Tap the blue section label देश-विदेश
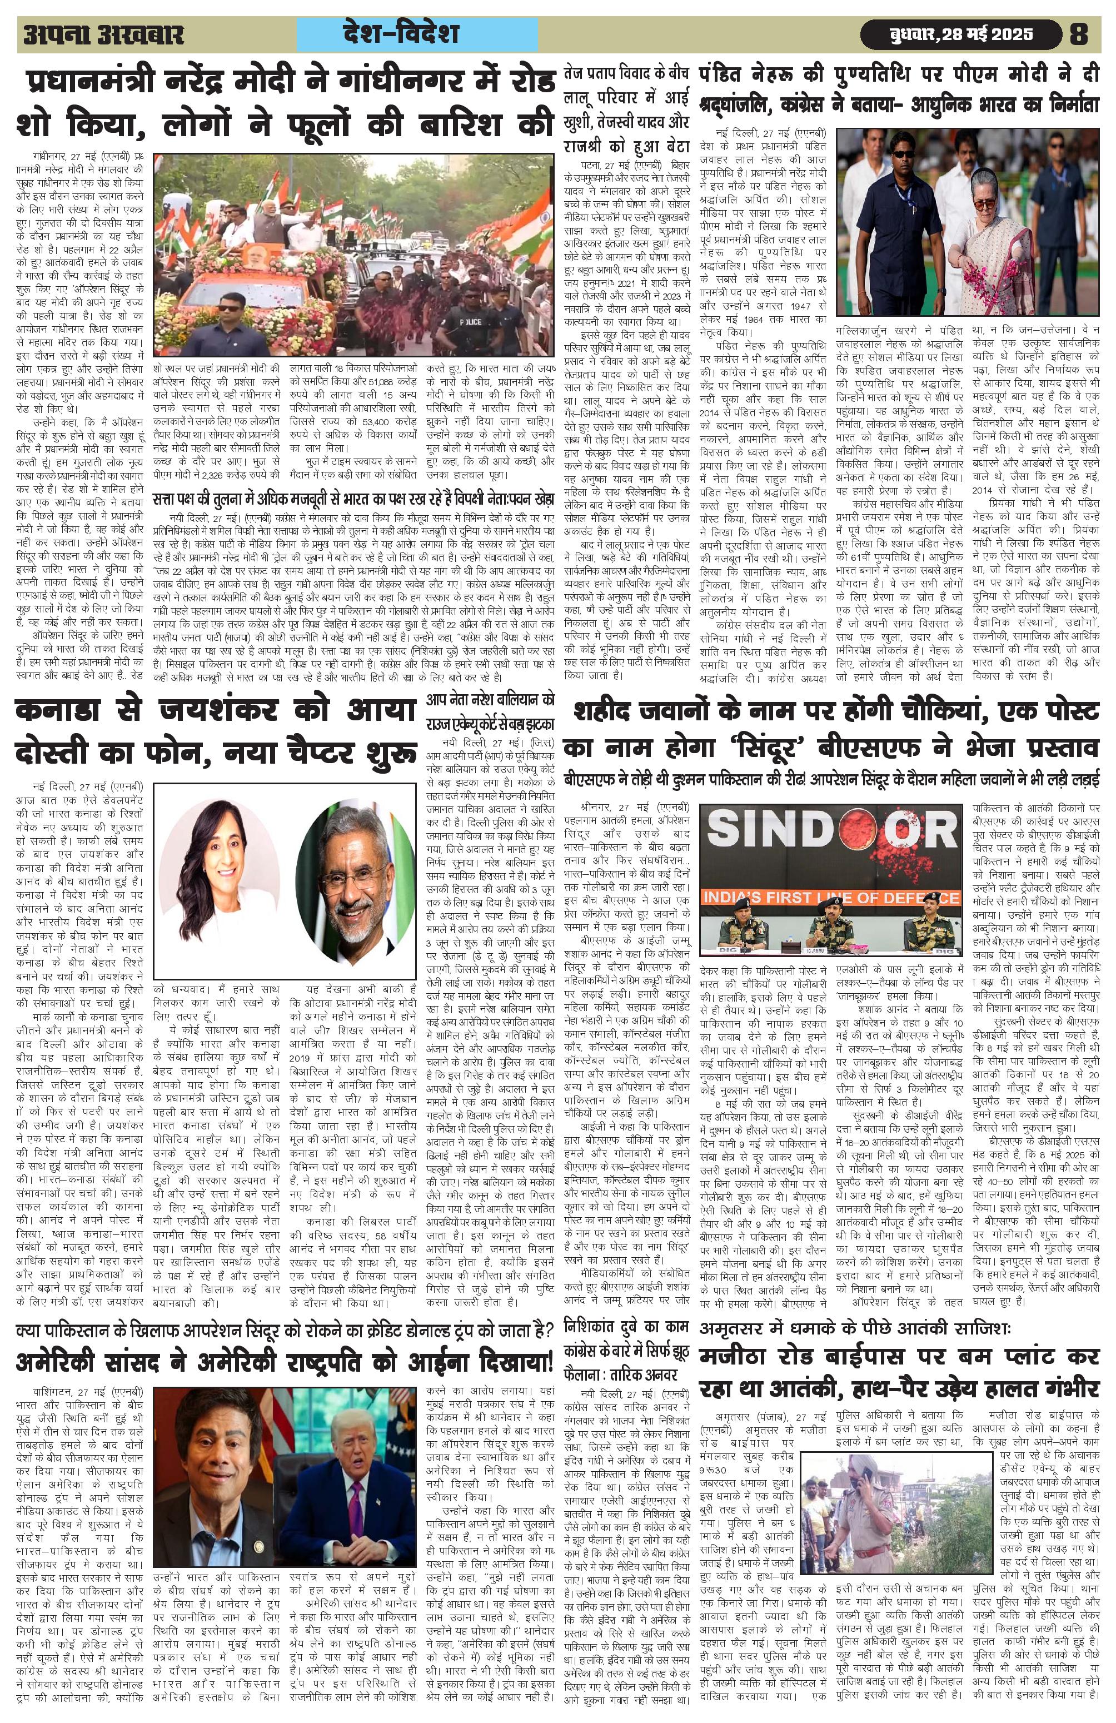(420, 34)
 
